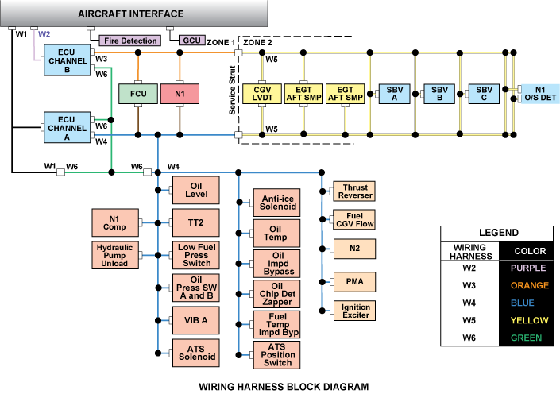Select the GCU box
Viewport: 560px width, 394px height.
click(191, 40)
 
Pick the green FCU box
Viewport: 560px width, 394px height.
click(137, 95)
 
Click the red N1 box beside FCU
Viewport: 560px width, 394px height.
click(180, 95)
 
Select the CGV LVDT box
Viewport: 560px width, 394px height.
click(262, 95)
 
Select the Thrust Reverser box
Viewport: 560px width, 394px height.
click(353, 191)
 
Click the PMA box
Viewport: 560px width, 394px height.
click(353, 280)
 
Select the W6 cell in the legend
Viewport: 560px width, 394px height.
click(470, 338)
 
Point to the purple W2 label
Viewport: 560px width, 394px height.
click(44, 34)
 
